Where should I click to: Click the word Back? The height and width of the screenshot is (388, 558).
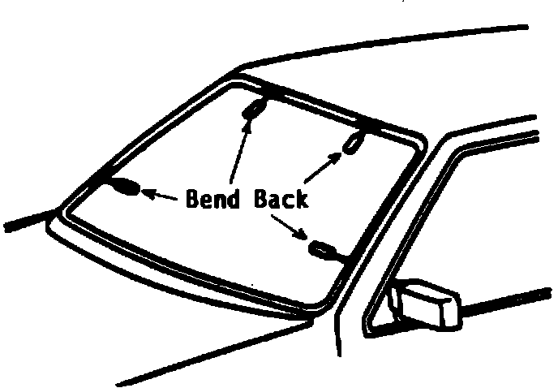click(x=280, y=198)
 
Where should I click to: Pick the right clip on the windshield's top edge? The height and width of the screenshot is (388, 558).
click(x=352, y=144)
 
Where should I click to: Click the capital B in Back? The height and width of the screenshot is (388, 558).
click(x=259, y=198)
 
